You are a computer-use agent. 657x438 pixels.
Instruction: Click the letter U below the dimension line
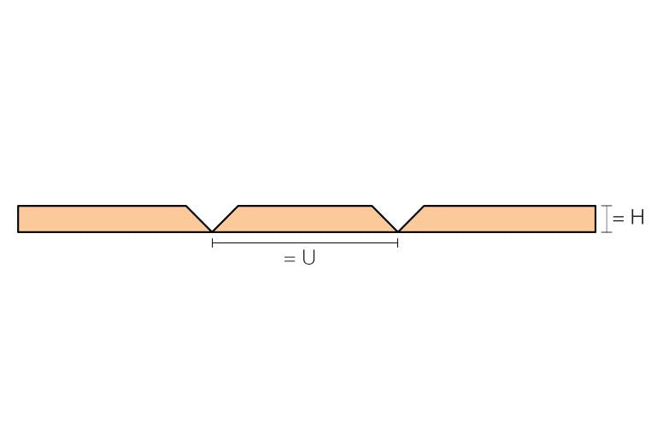coord(308,258)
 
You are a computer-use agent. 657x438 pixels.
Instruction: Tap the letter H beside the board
coord(637,218)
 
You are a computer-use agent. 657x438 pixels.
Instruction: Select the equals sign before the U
coord(290,260)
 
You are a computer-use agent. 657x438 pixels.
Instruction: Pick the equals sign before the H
coord(619,219)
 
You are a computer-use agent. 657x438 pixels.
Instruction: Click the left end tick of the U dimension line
coord(213,242)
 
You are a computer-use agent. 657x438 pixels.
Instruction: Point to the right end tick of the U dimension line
coord(397,242)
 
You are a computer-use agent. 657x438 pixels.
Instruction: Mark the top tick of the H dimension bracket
coord(607,206)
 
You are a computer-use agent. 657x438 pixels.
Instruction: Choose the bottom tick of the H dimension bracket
coord(607,231)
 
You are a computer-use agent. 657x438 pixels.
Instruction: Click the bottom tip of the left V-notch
coord(212,231)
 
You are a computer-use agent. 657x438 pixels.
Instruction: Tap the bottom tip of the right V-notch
coord(397,231)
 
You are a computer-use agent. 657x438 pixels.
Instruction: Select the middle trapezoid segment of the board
coord(305,219)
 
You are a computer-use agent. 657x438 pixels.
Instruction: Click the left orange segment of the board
coord(109,219)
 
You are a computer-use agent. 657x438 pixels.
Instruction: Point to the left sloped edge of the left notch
coord(199,219)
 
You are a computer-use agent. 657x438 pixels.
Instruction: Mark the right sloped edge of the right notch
coord(411,219)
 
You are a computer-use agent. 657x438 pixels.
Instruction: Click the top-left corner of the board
coord(18,206)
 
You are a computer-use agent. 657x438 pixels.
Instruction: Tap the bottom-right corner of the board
coord(595,231)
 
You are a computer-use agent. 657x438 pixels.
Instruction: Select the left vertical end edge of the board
coord(18,219)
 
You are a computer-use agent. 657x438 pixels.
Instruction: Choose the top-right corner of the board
coord(595,206)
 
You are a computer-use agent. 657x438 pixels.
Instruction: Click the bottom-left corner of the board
coord(18,231)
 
